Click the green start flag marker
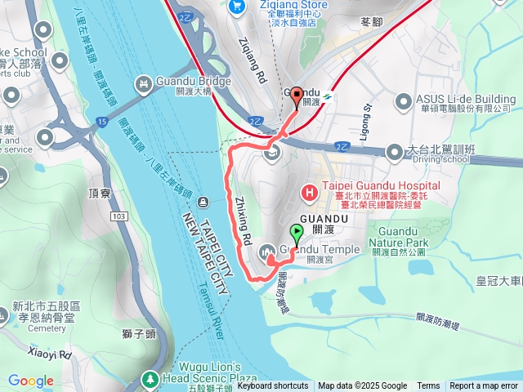pos(296,233)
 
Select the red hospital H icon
pos(311,194)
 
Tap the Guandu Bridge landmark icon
pos(144,82)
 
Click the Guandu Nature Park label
pos(398,238)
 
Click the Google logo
pos(31,381)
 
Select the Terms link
pos(428,386)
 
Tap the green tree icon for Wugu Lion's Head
pos(150,379)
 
